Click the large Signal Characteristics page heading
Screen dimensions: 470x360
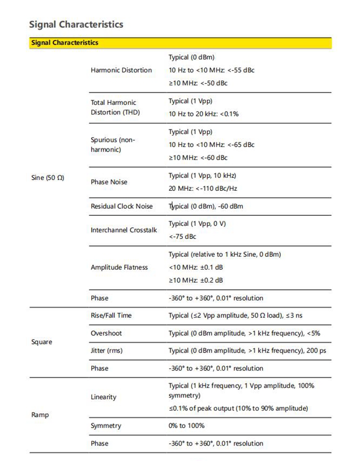click(76, 24)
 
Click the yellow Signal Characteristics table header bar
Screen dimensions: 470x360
click(180, 43)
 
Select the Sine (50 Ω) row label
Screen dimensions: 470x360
click(47, 178)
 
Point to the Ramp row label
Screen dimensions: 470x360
click(40, 414)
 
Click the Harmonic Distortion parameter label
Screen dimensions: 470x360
click(121, 70)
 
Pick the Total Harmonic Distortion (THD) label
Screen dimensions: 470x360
click(114, 107)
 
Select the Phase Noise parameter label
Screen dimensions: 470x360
click(109, 182)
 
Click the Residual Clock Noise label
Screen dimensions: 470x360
click(121, 206)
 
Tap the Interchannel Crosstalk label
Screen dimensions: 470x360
click(124, 230)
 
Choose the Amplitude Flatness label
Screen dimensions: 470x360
click(119, 267)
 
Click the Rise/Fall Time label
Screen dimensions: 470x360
click(111, 316)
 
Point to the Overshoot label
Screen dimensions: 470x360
click(106, 333)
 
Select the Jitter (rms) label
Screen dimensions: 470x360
click(107, 351)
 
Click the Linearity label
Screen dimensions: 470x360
click(103, 397)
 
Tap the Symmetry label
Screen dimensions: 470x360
click(106, 426)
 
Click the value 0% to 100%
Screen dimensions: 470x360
click(186, 426)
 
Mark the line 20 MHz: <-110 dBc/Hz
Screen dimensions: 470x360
click(203, 188)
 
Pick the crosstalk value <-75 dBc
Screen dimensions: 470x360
click(182, 236)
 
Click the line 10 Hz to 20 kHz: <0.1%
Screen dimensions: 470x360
click(204, 114)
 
